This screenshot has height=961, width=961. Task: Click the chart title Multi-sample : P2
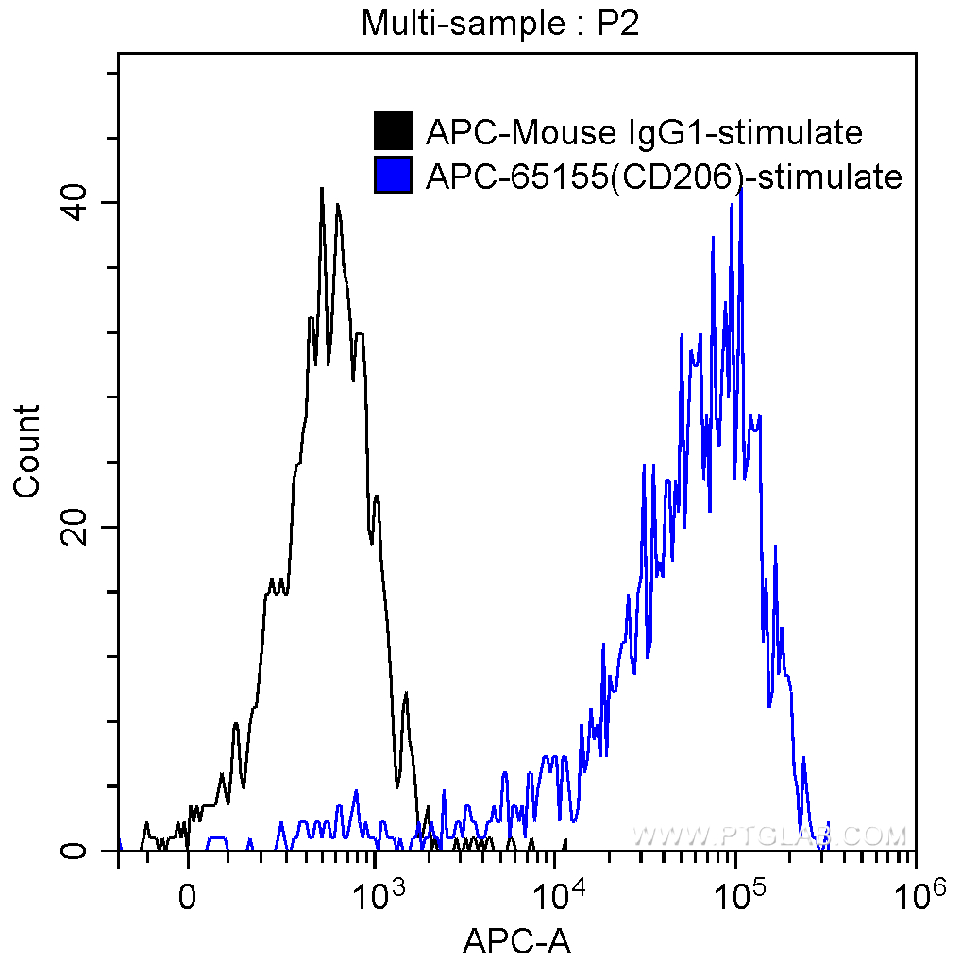tap(500, 25)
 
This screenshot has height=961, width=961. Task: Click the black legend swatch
tap(394, 131)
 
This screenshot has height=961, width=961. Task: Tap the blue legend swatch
tap(394, 176)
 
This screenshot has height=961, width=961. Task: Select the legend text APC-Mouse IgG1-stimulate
tap(644, 133)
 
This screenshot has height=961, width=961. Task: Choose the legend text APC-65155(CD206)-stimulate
tap(664, 177)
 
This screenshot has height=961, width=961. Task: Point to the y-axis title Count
tap(27, 450)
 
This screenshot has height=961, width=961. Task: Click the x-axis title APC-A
tap(516, 940)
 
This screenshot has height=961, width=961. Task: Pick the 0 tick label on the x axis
tap(188, 894)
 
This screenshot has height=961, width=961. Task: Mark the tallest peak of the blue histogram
tap(742, 189)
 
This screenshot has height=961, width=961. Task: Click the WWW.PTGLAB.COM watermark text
tap(769, 835)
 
